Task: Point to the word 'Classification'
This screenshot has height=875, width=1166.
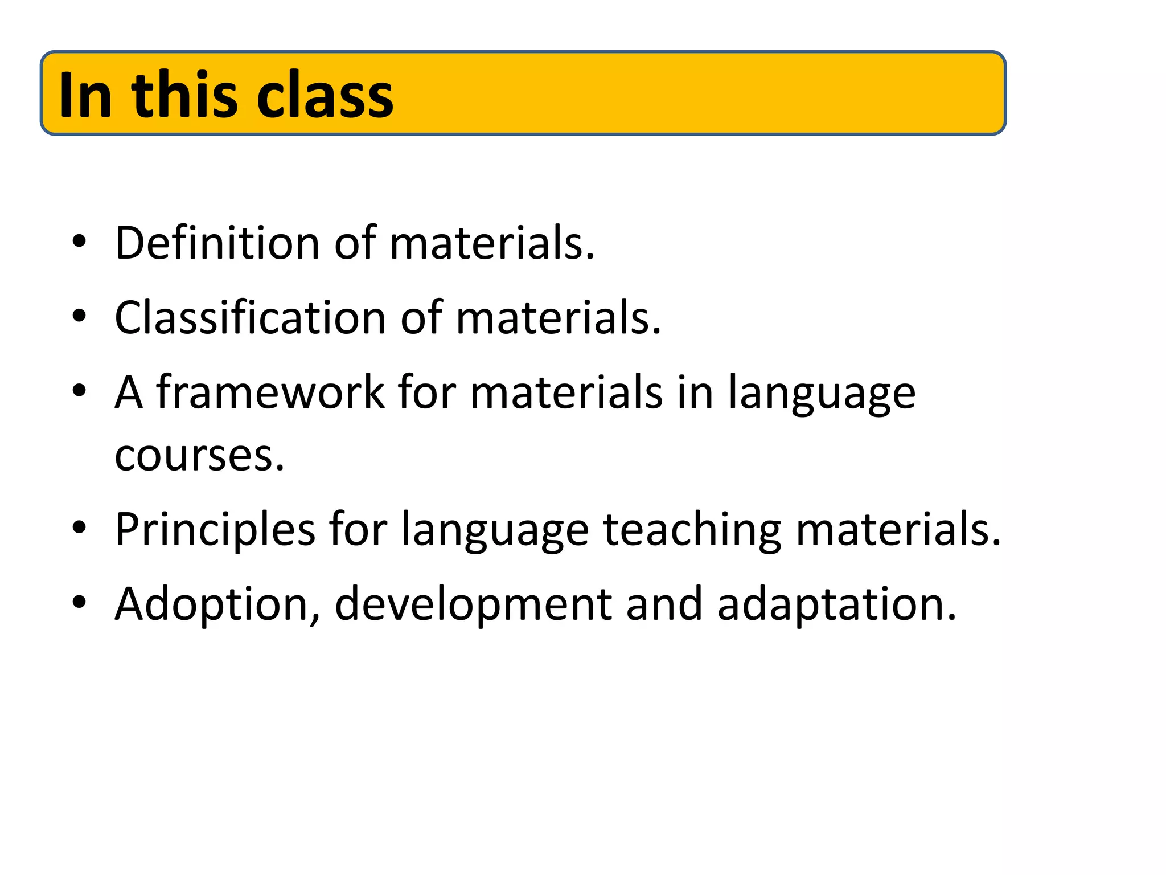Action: click(250, 317)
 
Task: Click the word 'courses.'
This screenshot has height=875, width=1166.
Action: click(199, 455)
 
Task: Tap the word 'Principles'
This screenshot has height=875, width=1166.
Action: click(215, 529)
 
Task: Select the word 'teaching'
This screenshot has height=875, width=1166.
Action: click(692, 529)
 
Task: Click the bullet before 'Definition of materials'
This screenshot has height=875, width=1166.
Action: click(79, 242)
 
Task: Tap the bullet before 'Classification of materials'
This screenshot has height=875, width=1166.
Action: click(79, 316)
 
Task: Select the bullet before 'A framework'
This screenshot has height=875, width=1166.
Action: click(79, 391)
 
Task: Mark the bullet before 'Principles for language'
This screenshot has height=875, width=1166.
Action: click(79, 528)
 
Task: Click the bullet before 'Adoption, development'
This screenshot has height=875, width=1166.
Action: click(79, 603)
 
